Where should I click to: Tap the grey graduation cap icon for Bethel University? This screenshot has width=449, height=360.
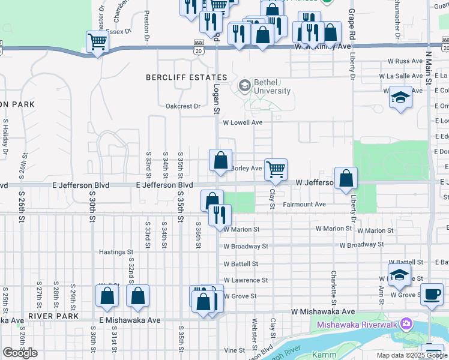click(244, 86)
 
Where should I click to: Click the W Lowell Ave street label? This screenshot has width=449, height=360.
click(243, 122)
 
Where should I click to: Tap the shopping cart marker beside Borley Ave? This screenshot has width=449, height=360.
click(276, 169)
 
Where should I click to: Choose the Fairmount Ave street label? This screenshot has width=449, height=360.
click(304, 205)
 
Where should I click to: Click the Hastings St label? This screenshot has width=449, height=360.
click(115, 252)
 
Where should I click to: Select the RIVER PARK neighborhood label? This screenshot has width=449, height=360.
click(51, 316)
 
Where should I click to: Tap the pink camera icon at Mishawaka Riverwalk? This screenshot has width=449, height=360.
click(408, 324)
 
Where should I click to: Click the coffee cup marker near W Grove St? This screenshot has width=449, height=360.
click(431, 293)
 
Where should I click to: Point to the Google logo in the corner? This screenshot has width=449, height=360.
click(20, 353)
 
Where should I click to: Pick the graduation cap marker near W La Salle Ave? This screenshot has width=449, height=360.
click(400, 97)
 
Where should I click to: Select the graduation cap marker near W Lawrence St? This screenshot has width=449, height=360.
click(400, 275)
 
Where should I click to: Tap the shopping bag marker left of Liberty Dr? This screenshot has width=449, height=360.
click(346, 178)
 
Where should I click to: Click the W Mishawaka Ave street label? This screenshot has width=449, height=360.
click(323, 312)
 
